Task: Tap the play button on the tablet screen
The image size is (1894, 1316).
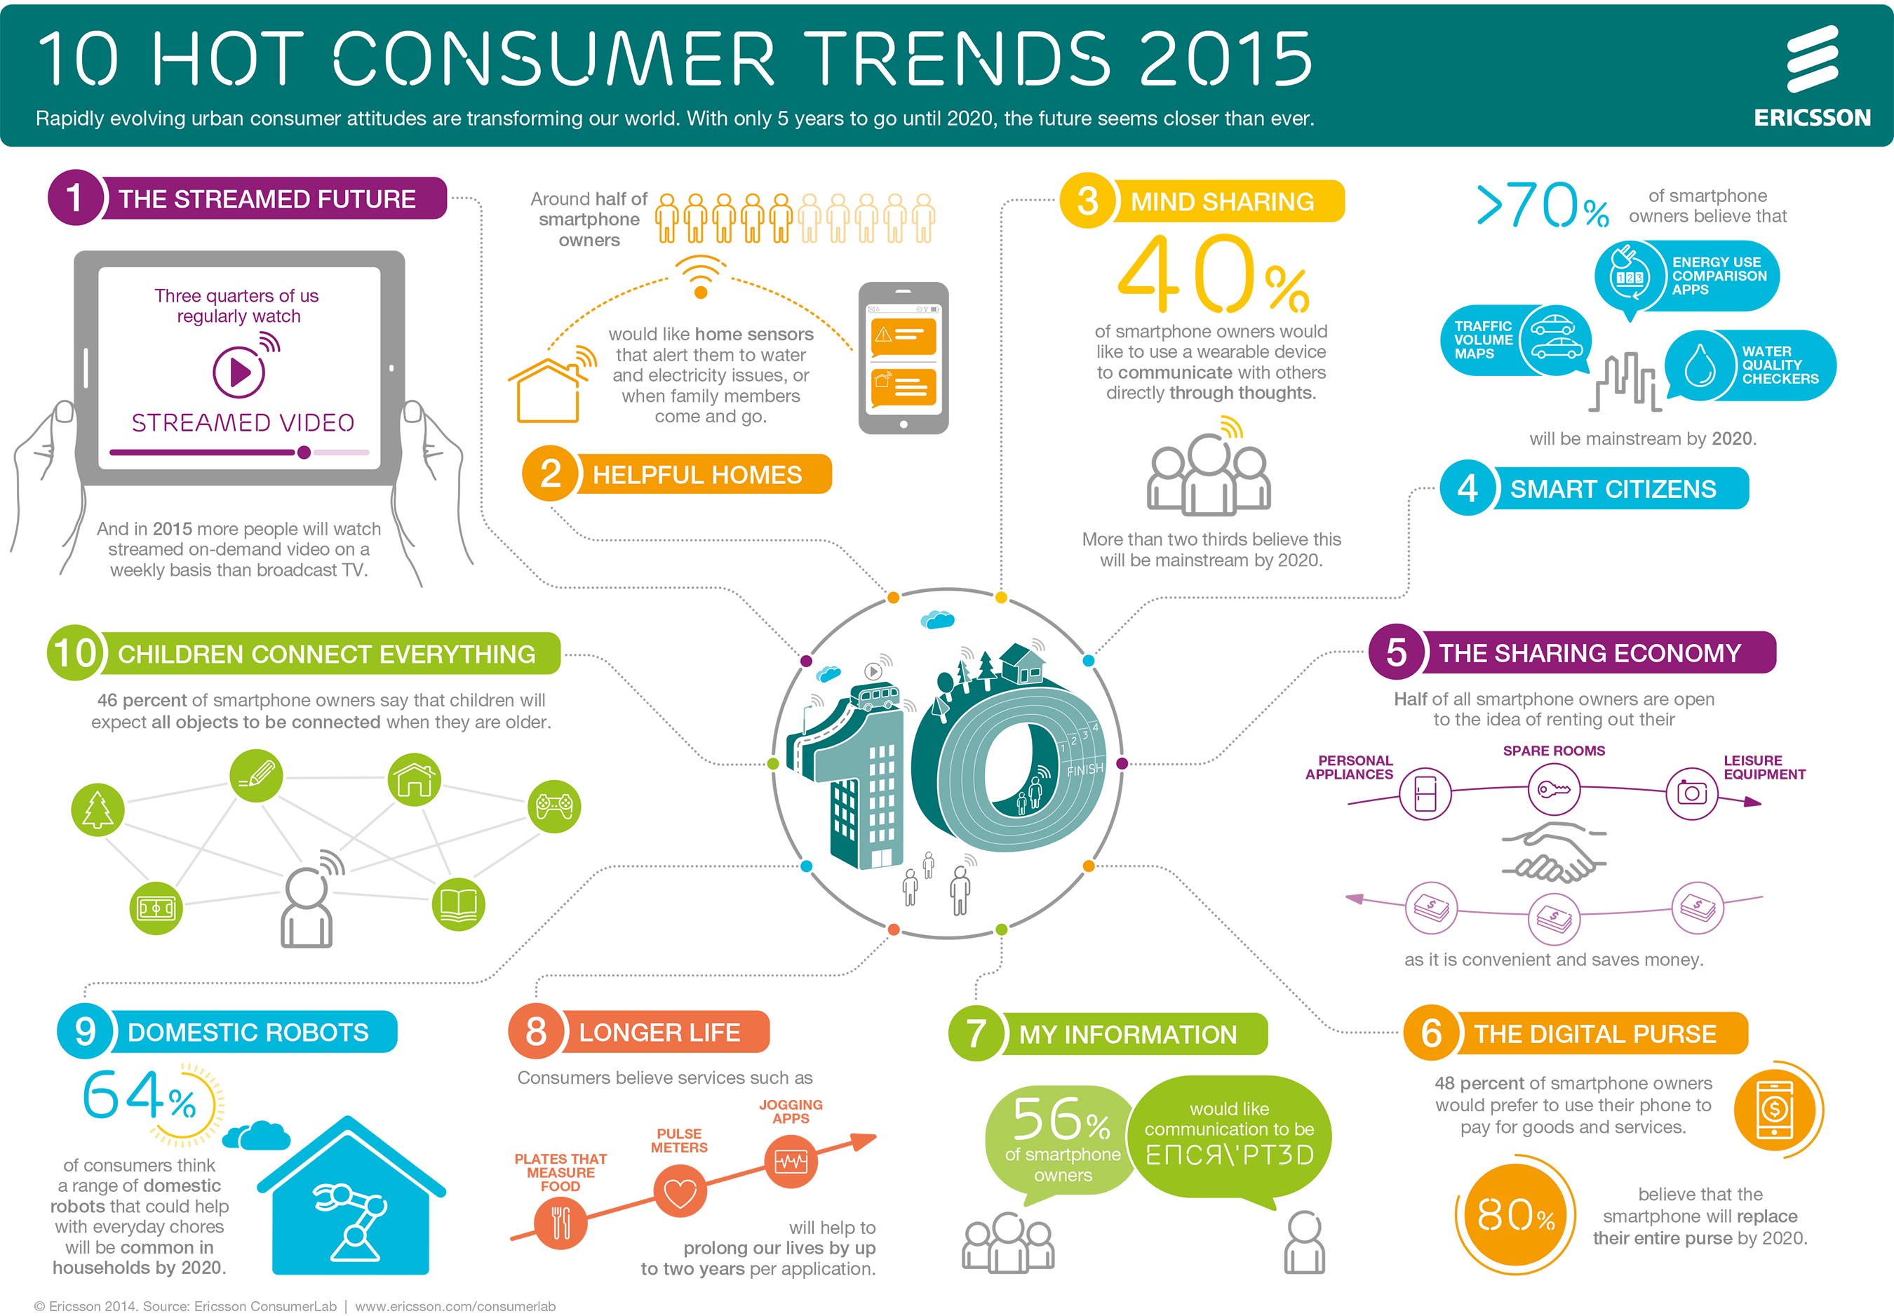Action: (239, 372)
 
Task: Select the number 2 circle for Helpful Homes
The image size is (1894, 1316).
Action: (550, 474)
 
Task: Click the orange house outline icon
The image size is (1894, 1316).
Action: (546, 391)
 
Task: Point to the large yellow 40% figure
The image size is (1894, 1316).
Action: (1212, 274)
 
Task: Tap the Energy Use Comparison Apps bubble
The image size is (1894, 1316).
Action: (1686, 276)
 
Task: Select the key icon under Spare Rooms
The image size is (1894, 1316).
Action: (1554, 789)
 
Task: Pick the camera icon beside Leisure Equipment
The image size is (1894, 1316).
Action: (1691, 793)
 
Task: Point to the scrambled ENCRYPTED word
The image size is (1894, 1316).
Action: (1230, 1155)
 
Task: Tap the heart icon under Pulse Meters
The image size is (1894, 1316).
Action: (680, 1193)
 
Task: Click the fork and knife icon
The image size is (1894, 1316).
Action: (560, 1222)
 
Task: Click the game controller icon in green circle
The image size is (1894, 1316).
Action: (554, 805)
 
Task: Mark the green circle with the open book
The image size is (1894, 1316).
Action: (459, 904)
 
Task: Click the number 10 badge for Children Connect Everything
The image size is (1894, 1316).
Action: (76, 653)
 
